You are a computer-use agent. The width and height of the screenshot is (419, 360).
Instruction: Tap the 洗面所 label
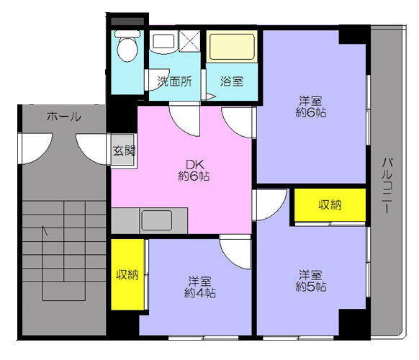point(174,81)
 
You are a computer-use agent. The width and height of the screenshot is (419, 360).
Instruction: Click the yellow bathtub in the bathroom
point(231,47)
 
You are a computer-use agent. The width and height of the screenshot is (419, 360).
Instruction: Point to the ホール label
point(64,116)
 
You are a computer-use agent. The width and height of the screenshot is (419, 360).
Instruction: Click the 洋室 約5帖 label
point(310,280)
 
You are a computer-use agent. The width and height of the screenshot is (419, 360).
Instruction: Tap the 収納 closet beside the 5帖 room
point(330,205)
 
